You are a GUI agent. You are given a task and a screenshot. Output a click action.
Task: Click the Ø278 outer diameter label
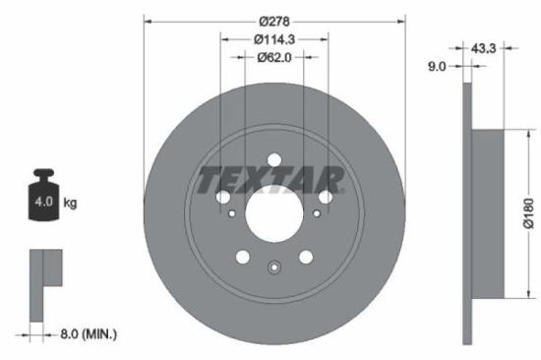tap(274, 20)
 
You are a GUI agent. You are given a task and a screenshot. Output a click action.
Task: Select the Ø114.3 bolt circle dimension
tap(274, 39)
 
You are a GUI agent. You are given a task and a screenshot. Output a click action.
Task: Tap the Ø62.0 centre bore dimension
tap(274, 58)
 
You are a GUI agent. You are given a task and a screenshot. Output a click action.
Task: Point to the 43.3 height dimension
tap(483, 47)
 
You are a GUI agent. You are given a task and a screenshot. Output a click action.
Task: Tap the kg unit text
tap(70, 203)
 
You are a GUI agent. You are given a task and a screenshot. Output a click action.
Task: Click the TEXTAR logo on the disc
tap(271, 181)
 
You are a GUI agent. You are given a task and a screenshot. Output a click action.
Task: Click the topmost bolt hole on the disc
tap(274, 159)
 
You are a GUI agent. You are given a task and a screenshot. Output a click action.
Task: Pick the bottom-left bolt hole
tap(243, 257)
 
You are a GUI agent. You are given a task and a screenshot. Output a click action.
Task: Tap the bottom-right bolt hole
tap(306, 257)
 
